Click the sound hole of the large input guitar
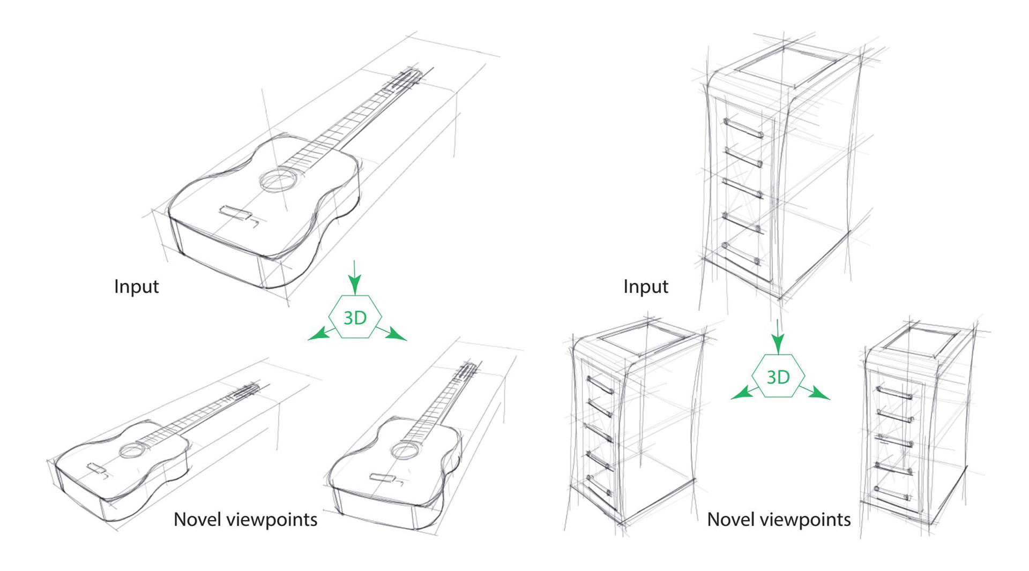coord(279,179)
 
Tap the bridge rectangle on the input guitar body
coord(235,213)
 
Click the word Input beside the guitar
coord(136,287)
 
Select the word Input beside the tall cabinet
coord(645,287)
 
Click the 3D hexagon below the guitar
coord(355,317)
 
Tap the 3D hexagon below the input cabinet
coord(778,377)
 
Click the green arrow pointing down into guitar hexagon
coord(354,277)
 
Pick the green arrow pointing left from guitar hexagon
coord(320,334)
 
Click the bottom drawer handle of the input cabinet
coord(741,254)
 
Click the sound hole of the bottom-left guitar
coord(130,450)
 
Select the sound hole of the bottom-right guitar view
coord(404,449)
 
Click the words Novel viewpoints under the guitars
coord(245,520)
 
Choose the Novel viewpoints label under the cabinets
coord(778,520)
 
